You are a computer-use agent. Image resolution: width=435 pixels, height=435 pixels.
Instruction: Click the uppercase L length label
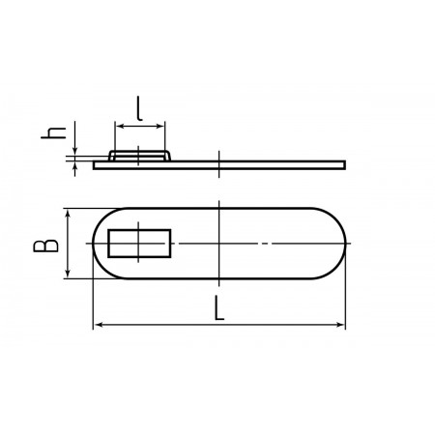click(219, 308)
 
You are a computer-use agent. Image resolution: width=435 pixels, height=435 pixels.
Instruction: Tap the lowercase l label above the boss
click(139, 108)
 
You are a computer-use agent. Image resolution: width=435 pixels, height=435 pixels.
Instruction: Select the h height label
click(53, 133)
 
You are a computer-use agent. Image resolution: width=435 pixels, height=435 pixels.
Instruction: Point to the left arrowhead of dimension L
click(100, 325)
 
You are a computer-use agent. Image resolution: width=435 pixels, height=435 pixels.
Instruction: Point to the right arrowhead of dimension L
click(340, 325)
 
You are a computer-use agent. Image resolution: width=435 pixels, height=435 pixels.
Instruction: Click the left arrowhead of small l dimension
click(119, 126)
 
